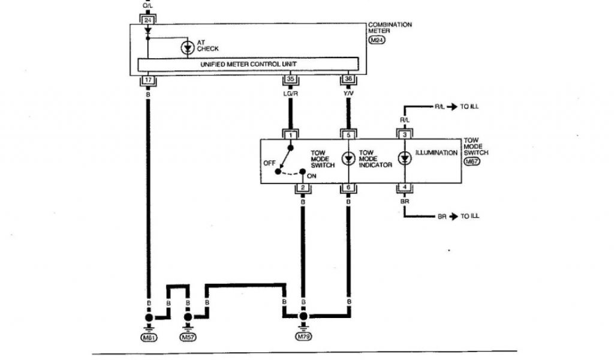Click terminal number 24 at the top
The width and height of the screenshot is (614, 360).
[x=147, y=20]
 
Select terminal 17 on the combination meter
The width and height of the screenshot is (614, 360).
[x=147, y=79]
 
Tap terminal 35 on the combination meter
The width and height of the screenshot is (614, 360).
[x=290, y=79]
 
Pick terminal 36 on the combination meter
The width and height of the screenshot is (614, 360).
[x=348, y=79]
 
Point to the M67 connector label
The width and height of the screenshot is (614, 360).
[x=472, y=161]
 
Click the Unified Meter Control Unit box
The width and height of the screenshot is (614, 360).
[x=249, y=64]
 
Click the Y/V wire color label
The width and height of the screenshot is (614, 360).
[x=348, y=94]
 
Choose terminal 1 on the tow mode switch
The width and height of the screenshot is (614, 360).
[x=290, y=135]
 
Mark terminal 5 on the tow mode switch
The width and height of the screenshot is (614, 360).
[x=348, y=135]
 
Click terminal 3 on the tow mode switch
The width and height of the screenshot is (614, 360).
[x=405, y=135]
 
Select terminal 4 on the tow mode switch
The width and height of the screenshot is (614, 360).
[x=405, y=188]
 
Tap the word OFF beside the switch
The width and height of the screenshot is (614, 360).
[x=269, y=163]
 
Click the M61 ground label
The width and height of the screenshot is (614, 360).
[x=148, y=338]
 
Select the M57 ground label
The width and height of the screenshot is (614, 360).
[x=188, y=338]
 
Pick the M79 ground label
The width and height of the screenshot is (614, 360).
[x=304, y=338]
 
